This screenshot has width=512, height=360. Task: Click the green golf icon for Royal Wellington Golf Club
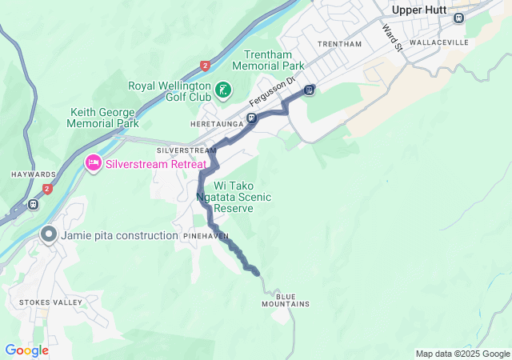click(x=224, y=90)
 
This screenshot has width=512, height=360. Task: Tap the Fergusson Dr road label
click(x=272, y=92)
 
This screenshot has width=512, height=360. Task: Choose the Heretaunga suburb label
click(x=216, y=125)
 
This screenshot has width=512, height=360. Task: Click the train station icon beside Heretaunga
click(x=251, y=119)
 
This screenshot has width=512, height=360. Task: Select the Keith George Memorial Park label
click(x=104, y=118)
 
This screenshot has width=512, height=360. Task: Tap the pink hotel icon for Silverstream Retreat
click(x=93, y=163)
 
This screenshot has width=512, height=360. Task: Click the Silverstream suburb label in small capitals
click(x=186, y=150)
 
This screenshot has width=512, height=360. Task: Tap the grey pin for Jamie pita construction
click(x=49, y=235)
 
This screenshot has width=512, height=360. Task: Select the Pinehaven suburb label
click(x=206, y=237)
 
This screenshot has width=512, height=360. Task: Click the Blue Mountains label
click(x=285, y=300)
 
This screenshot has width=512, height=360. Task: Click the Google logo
click(x=26, y=350)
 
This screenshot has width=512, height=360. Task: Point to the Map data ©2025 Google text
click(x=462, y=354)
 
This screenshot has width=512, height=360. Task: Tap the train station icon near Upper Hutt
click(x=458, y=18)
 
